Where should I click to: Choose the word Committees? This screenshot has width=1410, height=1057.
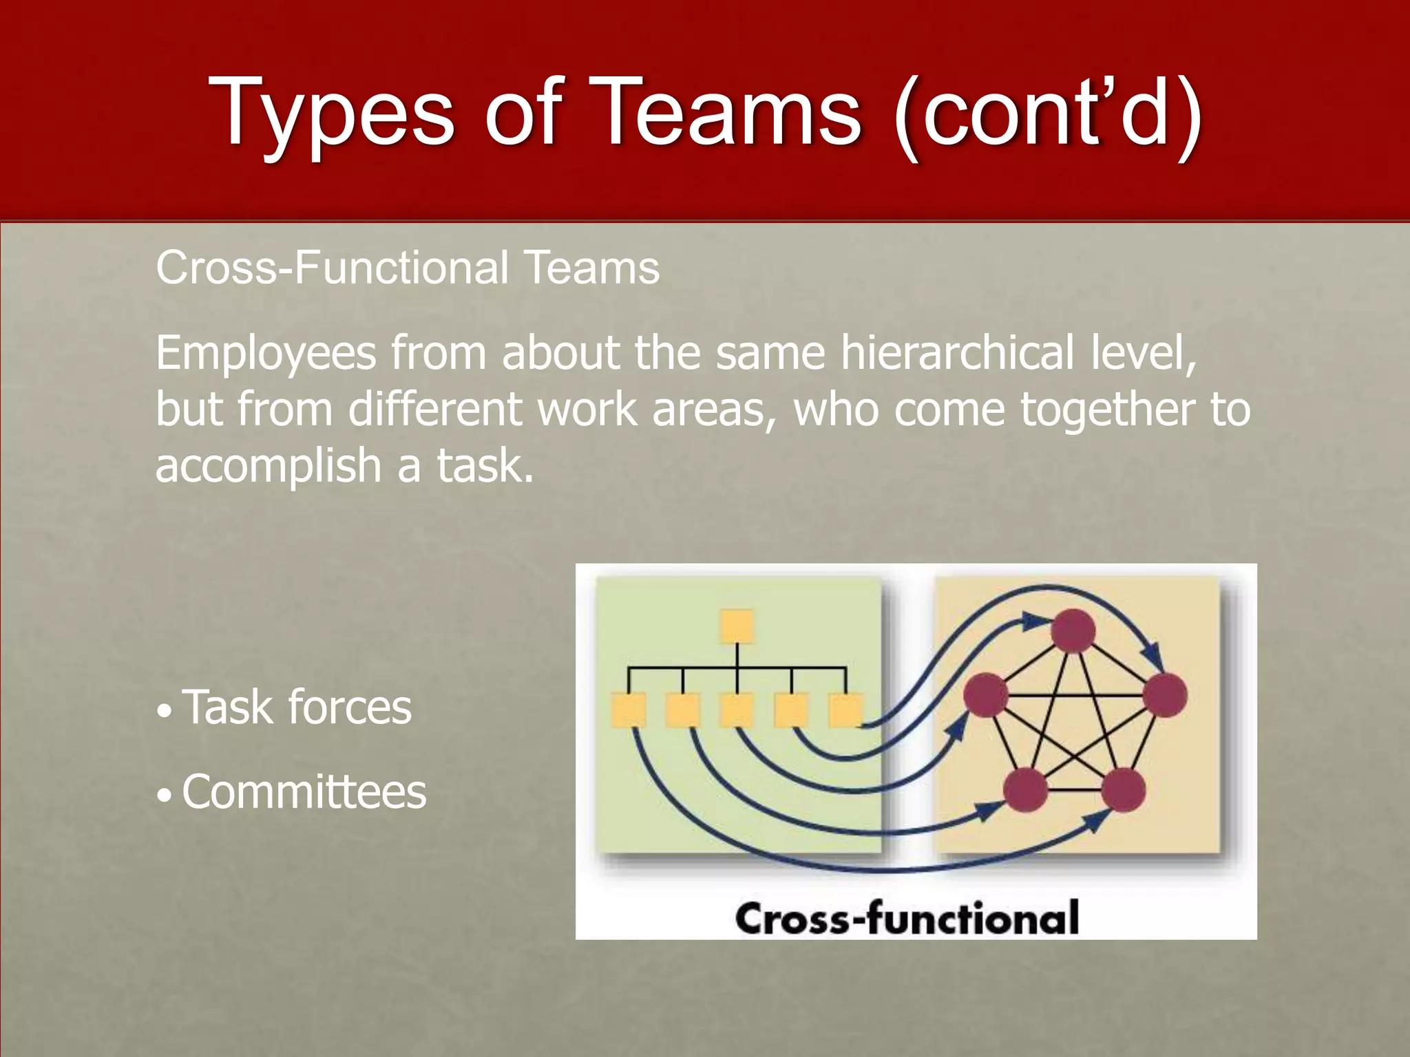pyautogui.click(x=304, y=792)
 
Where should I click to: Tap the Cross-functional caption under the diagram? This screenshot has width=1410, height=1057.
pyautogui.click(x=906, y=918)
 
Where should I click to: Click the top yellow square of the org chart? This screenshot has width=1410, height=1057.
pyautogui.click(x=737, y=627)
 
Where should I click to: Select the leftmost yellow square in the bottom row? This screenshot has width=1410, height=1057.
pyautogui.click(x=629, y=710)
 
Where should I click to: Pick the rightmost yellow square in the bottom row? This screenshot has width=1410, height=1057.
pyautogui.click(x=845, y=710)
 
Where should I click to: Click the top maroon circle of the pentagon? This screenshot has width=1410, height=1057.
pyautogui.click(x=1073, y=630)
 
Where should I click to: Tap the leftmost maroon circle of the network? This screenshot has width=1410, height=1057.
pyautogui.click(x=985, y=695)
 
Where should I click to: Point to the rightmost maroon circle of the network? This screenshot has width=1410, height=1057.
pyautogui.click(x=1165, y=695)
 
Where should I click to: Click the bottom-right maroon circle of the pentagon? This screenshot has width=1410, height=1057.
pyautogui.click(x=1123, y=790)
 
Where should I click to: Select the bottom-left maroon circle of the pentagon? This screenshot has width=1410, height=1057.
pyautogui.click(x=1026, y=790)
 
